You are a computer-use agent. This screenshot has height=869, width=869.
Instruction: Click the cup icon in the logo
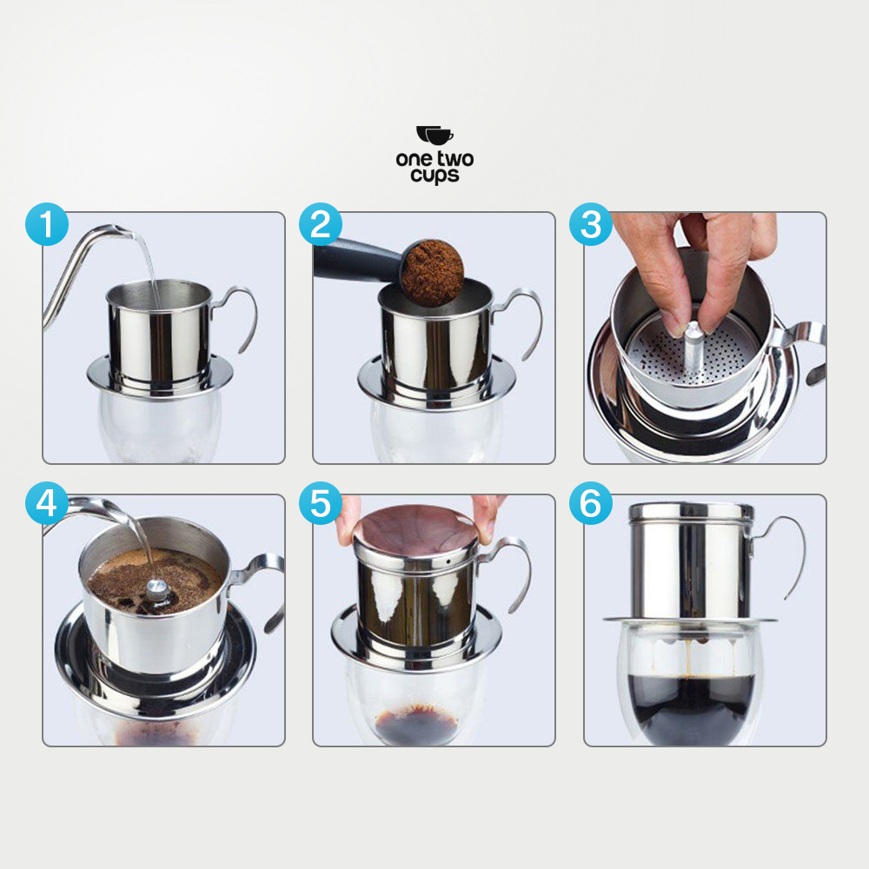click(434, 136)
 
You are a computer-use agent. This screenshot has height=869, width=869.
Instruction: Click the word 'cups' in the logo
click(434, 175)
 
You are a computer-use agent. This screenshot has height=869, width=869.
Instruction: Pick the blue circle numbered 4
click(47, 505)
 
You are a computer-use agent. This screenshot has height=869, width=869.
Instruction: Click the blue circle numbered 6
click(591, 505)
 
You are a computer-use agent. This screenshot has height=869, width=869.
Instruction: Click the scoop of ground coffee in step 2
click(433, 272)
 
